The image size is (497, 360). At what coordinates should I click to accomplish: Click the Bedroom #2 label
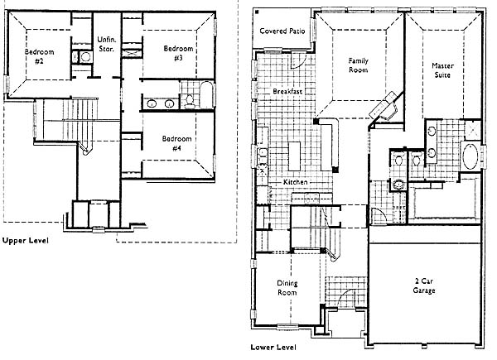pyautogui.click(x=39, y=56)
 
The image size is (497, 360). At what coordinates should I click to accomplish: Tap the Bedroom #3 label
pyautogui.click(x=178, y=53)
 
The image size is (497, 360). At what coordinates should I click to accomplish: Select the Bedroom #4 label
pyautogui.click(x=176, y=143)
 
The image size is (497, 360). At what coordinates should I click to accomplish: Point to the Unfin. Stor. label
pyautogui.click(x=107, y=44)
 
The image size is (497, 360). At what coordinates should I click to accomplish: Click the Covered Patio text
pyautogui.click(x=282, y=31)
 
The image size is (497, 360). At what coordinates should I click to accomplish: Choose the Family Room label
pyautogui.click(x=358, y=65)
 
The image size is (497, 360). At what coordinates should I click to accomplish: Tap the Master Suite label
pyautogui.click(x=442, y=70)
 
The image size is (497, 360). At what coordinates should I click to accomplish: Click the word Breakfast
pyautogui.click(x=287, y=91)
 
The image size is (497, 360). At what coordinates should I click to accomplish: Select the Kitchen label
pyautogui.click(x=295, y=182)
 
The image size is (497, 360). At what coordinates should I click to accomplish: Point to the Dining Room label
pyautogui.click(x=287, y=287)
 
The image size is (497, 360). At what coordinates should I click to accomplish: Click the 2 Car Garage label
pyautogui.click(x=424, y=286)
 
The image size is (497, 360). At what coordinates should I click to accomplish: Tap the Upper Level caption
pyautogui.click(x=26, y=240)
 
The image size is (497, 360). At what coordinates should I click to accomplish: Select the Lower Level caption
pyautogui.click(x=273, y=348)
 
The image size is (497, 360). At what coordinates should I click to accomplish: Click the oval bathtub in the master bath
pyautogui.click(x=470, y=156)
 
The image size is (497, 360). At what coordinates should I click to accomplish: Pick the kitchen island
pyautogui.click(x=294, y=156)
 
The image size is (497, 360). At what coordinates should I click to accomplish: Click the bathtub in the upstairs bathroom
pyautogui.click(x=206, y=94)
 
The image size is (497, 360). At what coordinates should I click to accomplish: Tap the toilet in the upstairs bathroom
pyautogui.click(x=190, y=101)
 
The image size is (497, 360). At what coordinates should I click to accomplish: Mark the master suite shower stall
pyautogui.click(x=472, y=130)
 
